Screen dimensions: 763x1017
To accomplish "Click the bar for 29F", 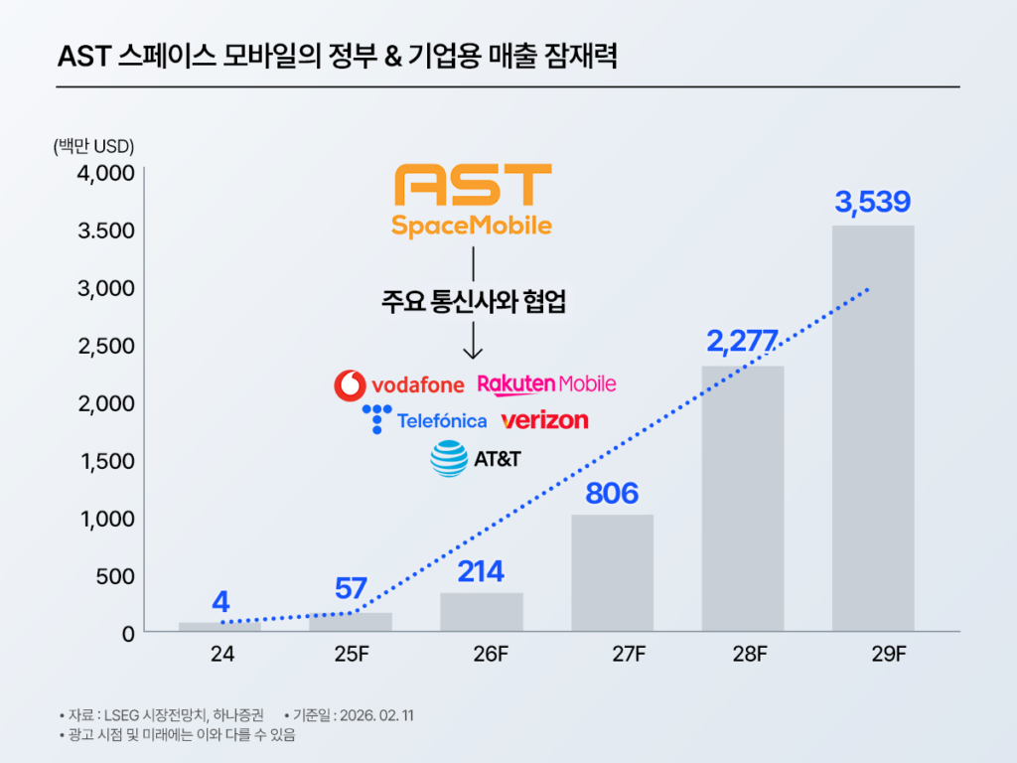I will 873,427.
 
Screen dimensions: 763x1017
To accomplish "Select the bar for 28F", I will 743,498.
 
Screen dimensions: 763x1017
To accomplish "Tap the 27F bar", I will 612,572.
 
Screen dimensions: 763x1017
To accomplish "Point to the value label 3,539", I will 873,203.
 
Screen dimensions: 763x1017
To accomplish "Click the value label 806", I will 612,493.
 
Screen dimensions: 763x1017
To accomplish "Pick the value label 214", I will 482,571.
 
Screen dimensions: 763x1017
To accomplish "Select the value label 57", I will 351,588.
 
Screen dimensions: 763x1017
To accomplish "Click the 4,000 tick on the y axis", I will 105,173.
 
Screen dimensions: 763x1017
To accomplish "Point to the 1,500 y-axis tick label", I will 105,461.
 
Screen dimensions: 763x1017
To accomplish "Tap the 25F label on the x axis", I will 351,656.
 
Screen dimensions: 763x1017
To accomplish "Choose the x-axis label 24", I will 220,656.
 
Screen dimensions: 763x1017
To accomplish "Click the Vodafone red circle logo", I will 349,384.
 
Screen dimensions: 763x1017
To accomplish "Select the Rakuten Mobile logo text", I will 546,383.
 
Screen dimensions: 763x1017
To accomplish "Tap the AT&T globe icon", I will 449,459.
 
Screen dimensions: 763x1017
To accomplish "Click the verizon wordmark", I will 544,420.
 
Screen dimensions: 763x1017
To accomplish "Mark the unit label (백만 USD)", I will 93,145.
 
